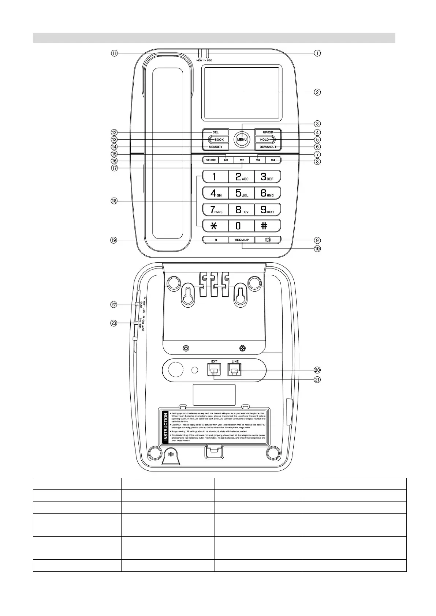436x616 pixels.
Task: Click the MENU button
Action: pos(242,139)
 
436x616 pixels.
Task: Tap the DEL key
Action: pos(215,132)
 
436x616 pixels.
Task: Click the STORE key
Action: pos(210,160)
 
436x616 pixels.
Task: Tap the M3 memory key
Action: pos(258,160)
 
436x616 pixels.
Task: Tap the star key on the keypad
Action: pos(215,226)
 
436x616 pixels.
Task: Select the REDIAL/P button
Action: pos(242,240)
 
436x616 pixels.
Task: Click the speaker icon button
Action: pos(268,240)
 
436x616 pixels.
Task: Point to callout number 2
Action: pos(317,92)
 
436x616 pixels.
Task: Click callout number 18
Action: pos(114,201)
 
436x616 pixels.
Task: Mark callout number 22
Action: pos(114,304)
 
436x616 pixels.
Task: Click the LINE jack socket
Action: pos(235,370)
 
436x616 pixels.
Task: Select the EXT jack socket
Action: pos(214,370)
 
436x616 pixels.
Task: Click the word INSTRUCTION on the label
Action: pos(166,426)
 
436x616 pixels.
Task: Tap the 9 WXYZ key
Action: pos(267,210)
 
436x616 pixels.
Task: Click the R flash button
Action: pos(216,240)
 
